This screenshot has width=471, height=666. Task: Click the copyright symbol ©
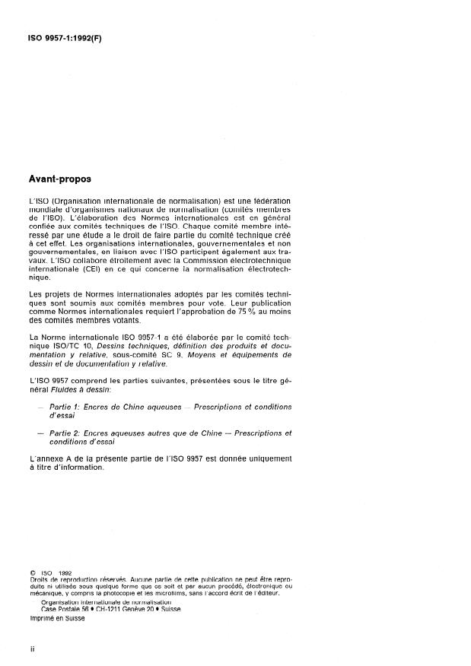click(32, 572)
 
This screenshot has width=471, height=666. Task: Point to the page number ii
click(31, 652)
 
